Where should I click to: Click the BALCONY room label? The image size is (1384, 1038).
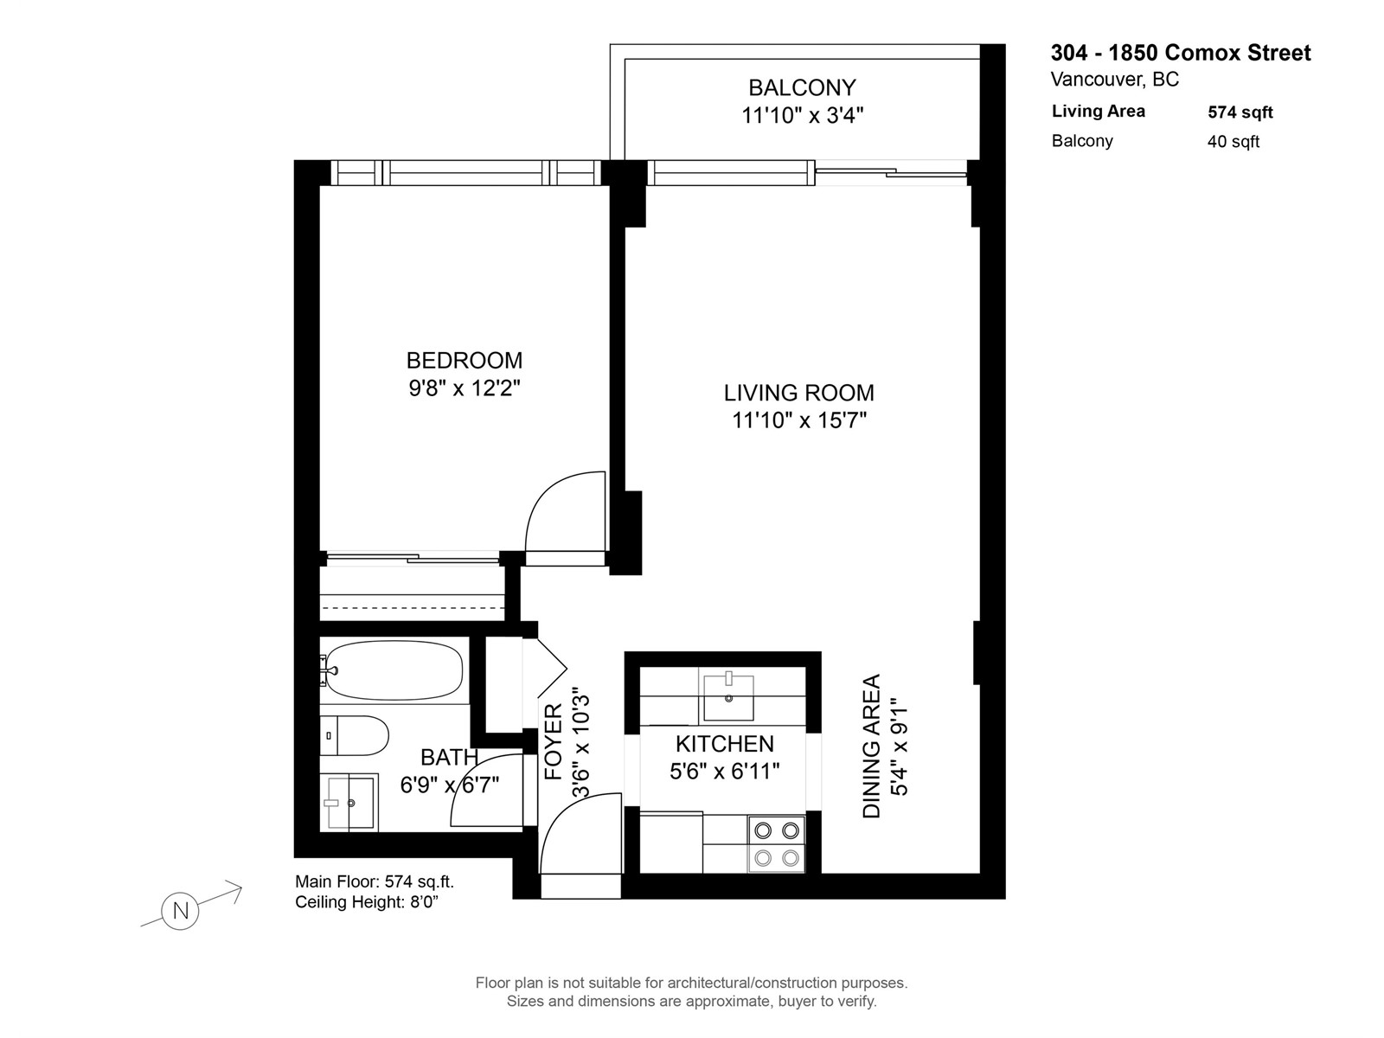(x=801, y=87)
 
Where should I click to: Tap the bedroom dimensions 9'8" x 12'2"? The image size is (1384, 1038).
(x=464, y=388)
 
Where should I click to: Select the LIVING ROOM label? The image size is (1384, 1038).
(x=799, y=393)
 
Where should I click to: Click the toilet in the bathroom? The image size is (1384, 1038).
(x=354, y=735)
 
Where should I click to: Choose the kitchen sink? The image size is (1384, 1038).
(x=728, y=697)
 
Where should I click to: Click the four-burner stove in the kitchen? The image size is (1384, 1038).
(x=776, y=844)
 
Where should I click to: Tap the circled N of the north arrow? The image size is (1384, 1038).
(x=180, y=912)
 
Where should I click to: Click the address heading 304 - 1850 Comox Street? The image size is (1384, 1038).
(x=1181, y=53)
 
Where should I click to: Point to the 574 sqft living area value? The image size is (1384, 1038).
(x=1240, y=112)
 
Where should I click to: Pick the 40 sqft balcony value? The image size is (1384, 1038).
(x=1233, y=141)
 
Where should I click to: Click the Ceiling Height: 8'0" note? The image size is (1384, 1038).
(x=367, y=902)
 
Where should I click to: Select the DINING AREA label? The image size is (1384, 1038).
(x=871, y=746)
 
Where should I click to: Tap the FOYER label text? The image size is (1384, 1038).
(x=553, y=742)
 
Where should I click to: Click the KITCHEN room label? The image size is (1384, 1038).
(x=725, y=744)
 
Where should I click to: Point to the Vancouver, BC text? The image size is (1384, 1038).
(x=1115, y=80)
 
